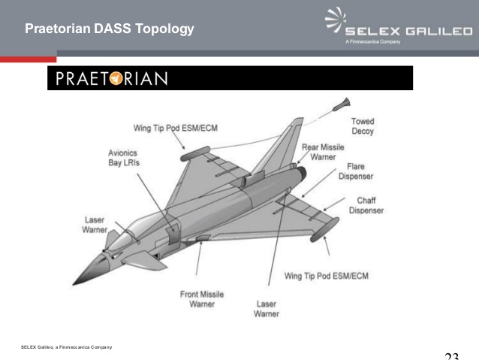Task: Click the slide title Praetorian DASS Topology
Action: coord(110,29)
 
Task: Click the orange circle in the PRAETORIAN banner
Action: coord(118,79)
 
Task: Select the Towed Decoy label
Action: coord(362,126)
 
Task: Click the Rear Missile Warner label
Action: coord(324,153)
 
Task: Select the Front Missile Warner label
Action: coord(202,299)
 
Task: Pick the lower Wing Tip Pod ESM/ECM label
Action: coord(326,276)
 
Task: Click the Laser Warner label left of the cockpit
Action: coord(95,225)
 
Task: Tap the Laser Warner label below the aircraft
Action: coord(267,309)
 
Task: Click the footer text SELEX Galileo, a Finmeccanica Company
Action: coord(67,346)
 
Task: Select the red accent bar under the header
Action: coord(28,59)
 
